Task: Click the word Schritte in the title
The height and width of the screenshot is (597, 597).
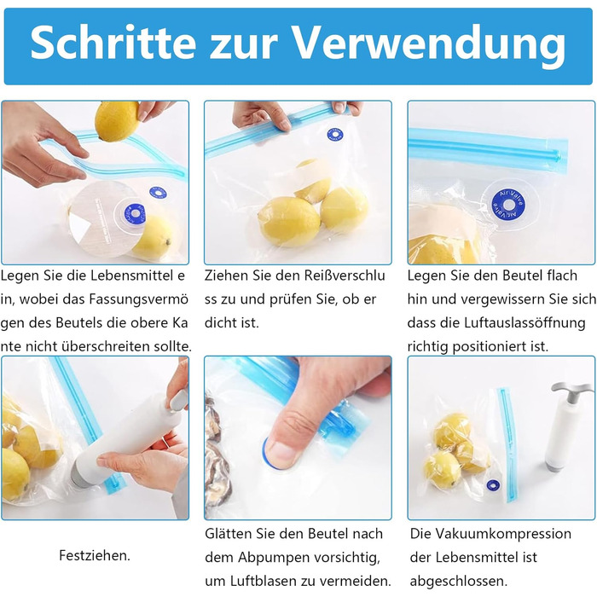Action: coord(113,43)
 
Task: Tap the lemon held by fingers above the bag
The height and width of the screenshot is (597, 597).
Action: coord(116,120)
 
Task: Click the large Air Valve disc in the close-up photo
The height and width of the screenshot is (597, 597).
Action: coord(508,206)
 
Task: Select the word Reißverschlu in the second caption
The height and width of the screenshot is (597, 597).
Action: coord(330,275)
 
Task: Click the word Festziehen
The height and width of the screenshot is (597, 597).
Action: coord(95,555)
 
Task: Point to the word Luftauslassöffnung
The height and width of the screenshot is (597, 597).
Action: coord(525,323)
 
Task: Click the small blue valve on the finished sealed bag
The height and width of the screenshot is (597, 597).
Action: coord(493,485)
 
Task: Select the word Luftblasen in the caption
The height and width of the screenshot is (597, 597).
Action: coord(272,581)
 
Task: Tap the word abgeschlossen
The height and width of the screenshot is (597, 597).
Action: coord(459,581)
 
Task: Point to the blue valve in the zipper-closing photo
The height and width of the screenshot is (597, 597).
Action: coord(334,135)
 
